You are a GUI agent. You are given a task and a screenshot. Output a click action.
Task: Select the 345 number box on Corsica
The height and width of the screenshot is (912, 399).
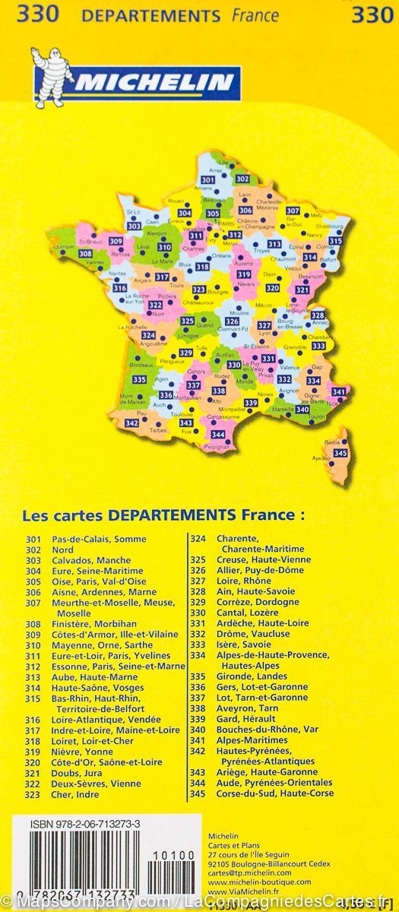(340, 454)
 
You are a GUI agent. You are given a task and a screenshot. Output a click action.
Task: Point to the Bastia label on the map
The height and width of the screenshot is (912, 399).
(332, 442)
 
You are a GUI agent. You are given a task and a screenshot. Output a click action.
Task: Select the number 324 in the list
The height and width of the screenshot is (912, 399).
(198, 539)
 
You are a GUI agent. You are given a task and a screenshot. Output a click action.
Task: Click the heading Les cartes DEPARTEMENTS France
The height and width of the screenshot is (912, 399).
(163, 515)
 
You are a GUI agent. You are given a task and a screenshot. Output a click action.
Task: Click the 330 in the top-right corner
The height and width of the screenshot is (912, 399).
(372, 14)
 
